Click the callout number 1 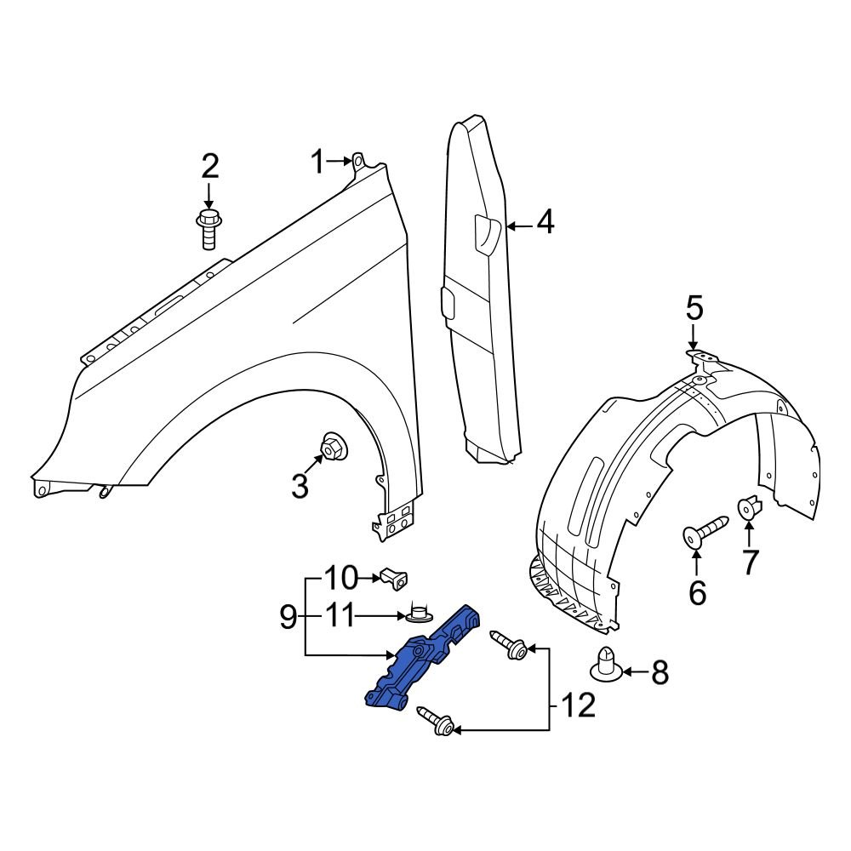coord(317,161)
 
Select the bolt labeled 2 coord(208,228)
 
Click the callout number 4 coord(545,224)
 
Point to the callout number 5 coord(695,306)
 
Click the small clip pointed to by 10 coord(393,578)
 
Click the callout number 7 coord(749,563)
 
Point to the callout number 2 coord(209,166)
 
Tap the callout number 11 coord(344,614)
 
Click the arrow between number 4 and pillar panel coord(521,226)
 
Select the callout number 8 coord(660,673)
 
